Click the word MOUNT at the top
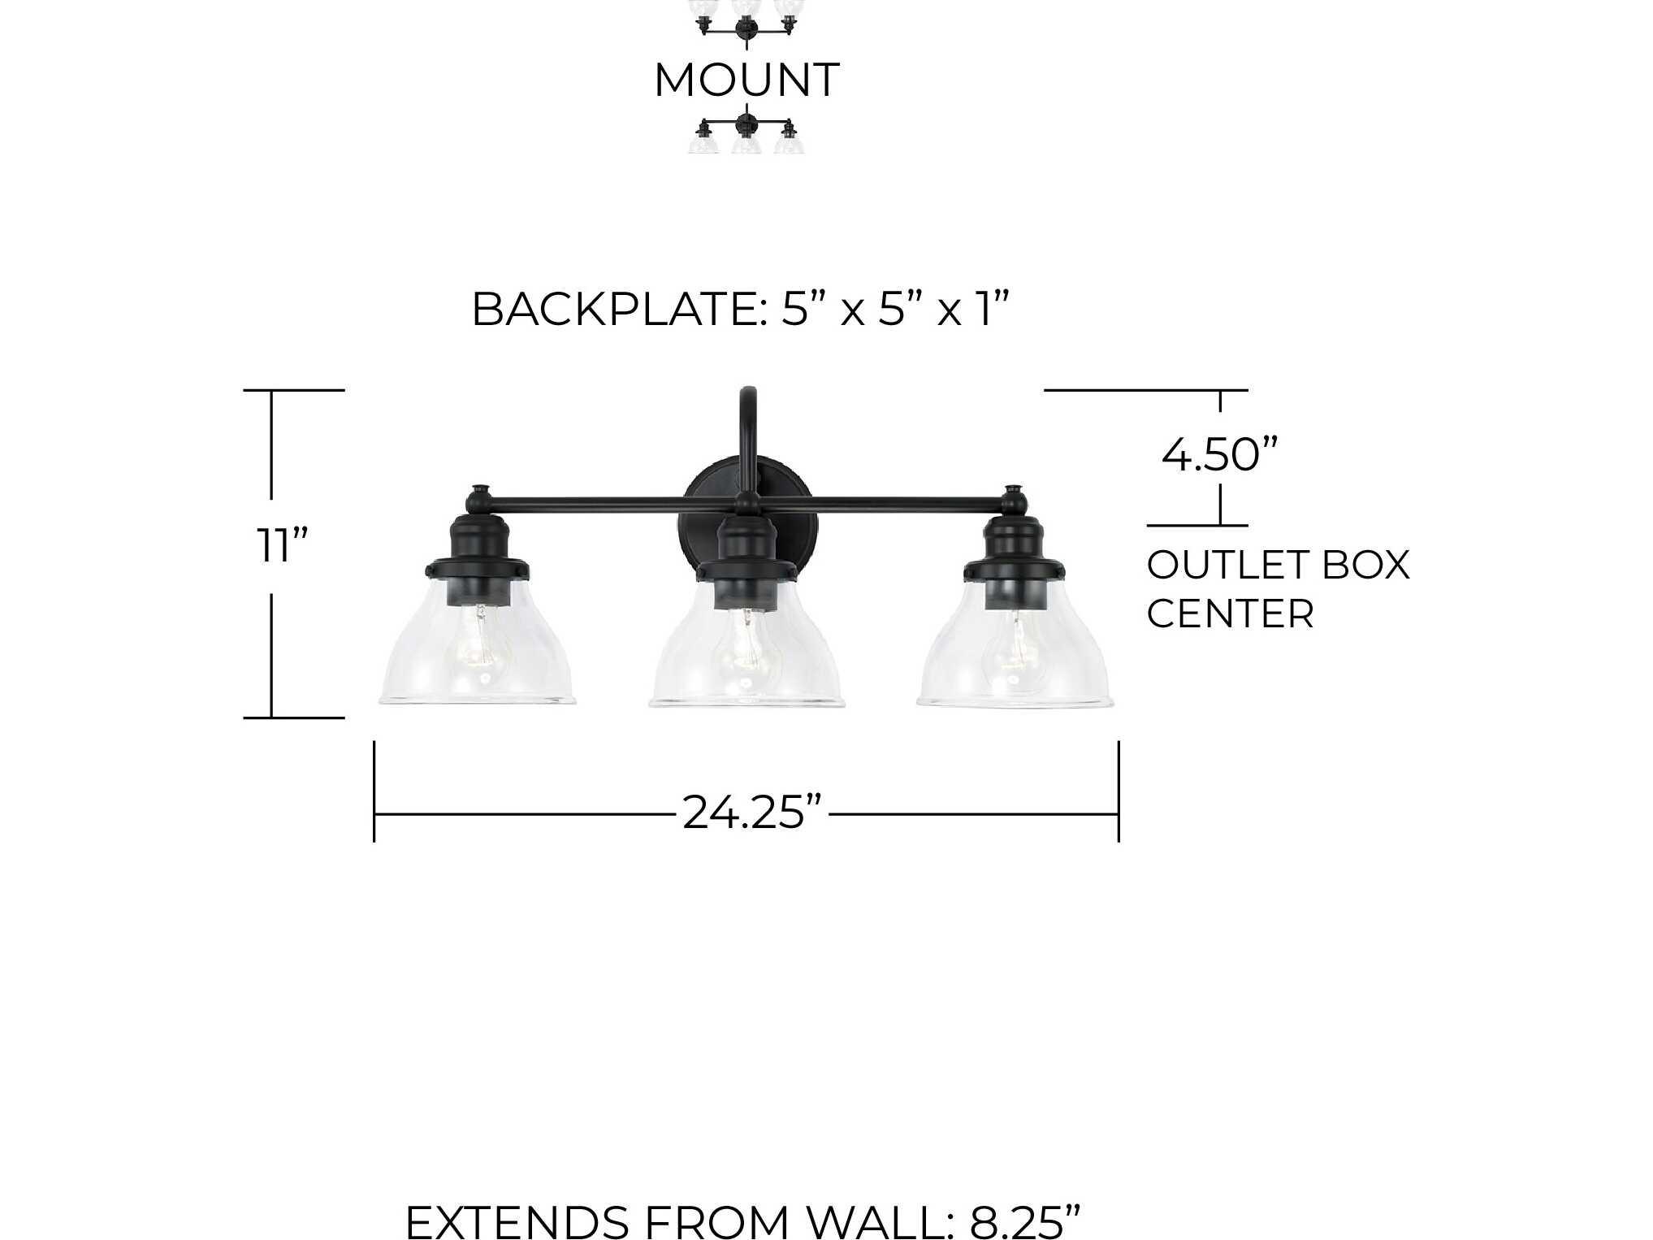746,80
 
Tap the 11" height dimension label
282,545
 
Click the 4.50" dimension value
1218,455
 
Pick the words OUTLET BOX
1278,566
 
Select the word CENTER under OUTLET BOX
1230,613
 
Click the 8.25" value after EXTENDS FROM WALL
1025,1220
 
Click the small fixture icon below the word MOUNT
746,134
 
